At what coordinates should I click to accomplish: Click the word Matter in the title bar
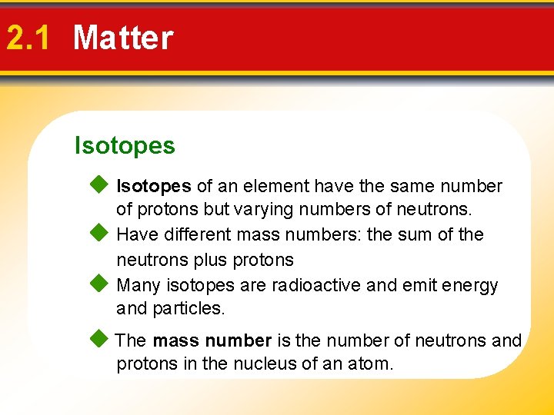123,38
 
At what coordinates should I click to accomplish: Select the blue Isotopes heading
125,145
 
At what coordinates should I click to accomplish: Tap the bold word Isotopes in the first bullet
153,186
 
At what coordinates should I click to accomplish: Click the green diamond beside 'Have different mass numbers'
98,233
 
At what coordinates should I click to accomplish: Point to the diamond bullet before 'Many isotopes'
98,284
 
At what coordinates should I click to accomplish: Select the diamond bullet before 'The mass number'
98,339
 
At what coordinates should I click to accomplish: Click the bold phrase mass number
212,340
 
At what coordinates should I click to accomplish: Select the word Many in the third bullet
138,285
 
